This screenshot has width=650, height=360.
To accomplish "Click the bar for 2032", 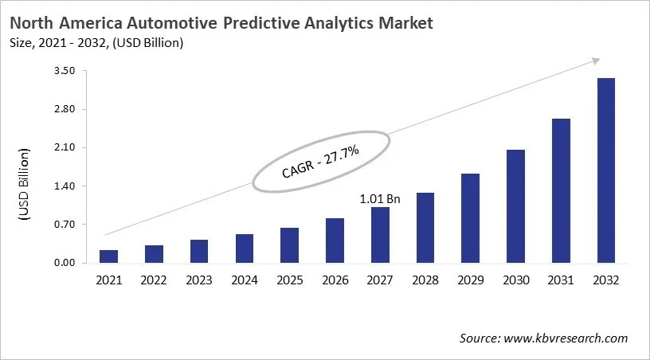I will (x=606, y=170).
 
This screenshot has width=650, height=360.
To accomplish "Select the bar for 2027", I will (x=380, y=235).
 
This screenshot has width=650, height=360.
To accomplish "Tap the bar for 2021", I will (x=108, y=256).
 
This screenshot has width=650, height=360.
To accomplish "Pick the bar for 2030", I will (x=515, y=206).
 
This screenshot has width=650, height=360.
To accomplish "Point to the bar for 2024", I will (x=244, y=248).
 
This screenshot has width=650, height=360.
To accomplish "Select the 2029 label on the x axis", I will (x=470, y=280).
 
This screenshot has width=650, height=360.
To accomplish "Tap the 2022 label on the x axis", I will (x=154, y=280).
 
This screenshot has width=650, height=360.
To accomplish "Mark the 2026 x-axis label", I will (x=335, y=280).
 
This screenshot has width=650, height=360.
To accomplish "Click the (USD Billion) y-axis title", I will (x=24, y=185).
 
